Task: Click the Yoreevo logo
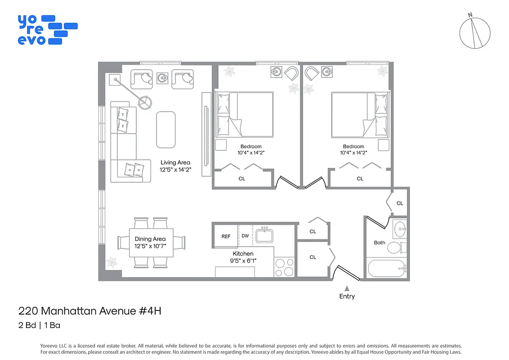pyautogui.click(x=47, y=30)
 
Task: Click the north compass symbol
pyautogui.click(x=475, y=33)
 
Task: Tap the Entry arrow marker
pyautogui.click(x=347, y=288)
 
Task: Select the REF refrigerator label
pyautogui.click(x=226, y=237)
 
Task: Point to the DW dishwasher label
pyautogui.click(x=245, y=236)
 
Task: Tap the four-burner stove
pyautogui.click(x=284, y=267)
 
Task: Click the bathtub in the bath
pyautogui.click(x=386, y=269)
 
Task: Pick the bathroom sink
pyautogui.click(x=399, y=229)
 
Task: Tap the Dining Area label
pyautogui.click(x=150, y=239)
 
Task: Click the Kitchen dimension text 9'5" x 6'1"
pyautogui.click(x=243, y=261)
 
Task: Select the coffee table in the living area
pyautogui.click(x=165, y=130)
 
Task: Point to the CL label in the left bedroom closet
pyautogui.click(x=242, y=179)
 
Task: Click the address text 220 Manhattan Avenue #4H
pyautogui.click(x=89, y=310)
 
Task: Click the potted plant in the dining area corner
pyautogui.click(x=111, y=262)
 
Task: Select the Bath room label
pyautogui.click(x=380, y=243)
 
